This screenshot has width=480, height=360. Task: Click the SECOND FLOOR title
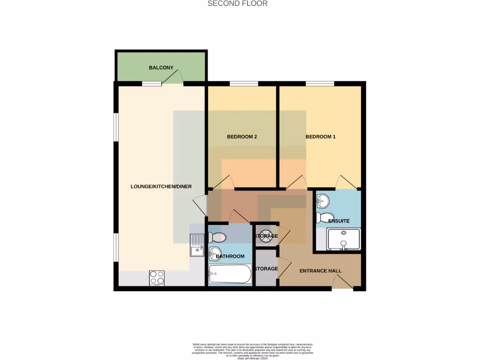pyautogui.click(x=238, y=4)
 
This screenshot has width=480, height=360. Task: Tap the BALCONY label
pyautogui.click(x=161, y=68)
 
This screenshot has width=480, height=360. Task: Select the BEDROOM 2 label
pyautogui.click(x=242, y=137)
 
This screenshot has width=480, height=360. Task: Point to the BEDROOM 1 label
pyautogui.click(x=321, y=137)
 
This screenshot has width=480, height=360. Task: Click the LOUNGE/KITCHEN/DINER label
pyautogui.click(x=161, y=187)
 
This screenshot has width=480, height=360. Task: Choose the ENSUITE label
pyautogui.click(x=339, y=221)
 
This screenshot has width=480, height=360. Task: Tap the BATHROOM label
pyautogui.click(x=230, y=256)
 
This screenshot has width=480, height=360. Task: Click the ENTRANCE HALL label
pyautogui.click(x=321, y=271)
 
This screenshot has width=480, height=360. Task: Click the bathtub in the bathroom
pyautogui.click(x=230, y=274)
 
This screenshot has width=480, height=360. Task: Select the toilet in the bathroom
pyautogui.click(x=219, y=237)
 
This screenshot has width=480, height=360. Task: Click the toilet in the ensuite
pyautogui.click(x=322, y=218)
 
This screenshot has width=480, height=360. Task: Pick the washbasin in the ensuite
pyautogui.click(x=323, y=202)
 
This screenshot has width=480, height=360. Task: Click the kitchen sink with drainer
pyautogui.click(x=196, y=245)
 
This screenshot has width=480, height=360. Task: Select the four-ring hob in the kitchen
pyautogui.click(x=157, y=278)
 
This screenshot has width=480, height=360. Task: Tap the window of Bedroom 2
pyautogui.click(x=244, y=84)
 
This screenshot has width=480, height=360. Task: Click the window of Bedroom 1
pyautogui.click(x=320, y=84)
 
